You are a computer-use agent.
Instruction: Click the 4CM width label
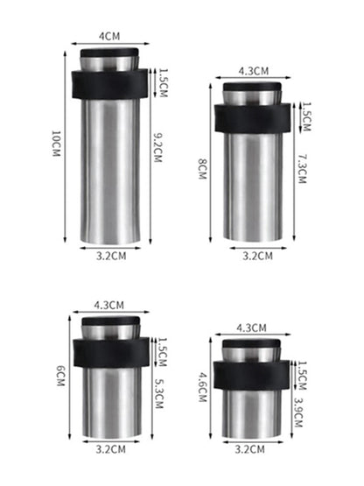[109, 36]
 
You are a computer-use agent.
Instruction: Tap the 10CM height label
[56, 144]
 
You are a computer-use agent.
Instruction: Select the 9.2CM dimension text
[158, 147]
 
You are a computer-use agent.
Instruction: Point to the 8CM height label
[202, 169]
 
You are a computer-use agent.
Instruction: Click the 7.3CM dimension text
[302, 169]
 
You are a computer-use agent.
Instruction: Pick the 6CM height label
[60, 376]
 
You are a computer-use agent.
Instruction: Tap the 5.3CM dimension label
[159, 394]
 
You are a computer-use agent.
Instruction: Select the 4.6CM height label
[203, 387]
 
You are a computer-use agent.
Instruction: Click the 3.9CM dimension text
[298, 412]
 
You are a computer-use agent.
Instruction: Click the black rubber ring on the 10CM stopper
[109, 85]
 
